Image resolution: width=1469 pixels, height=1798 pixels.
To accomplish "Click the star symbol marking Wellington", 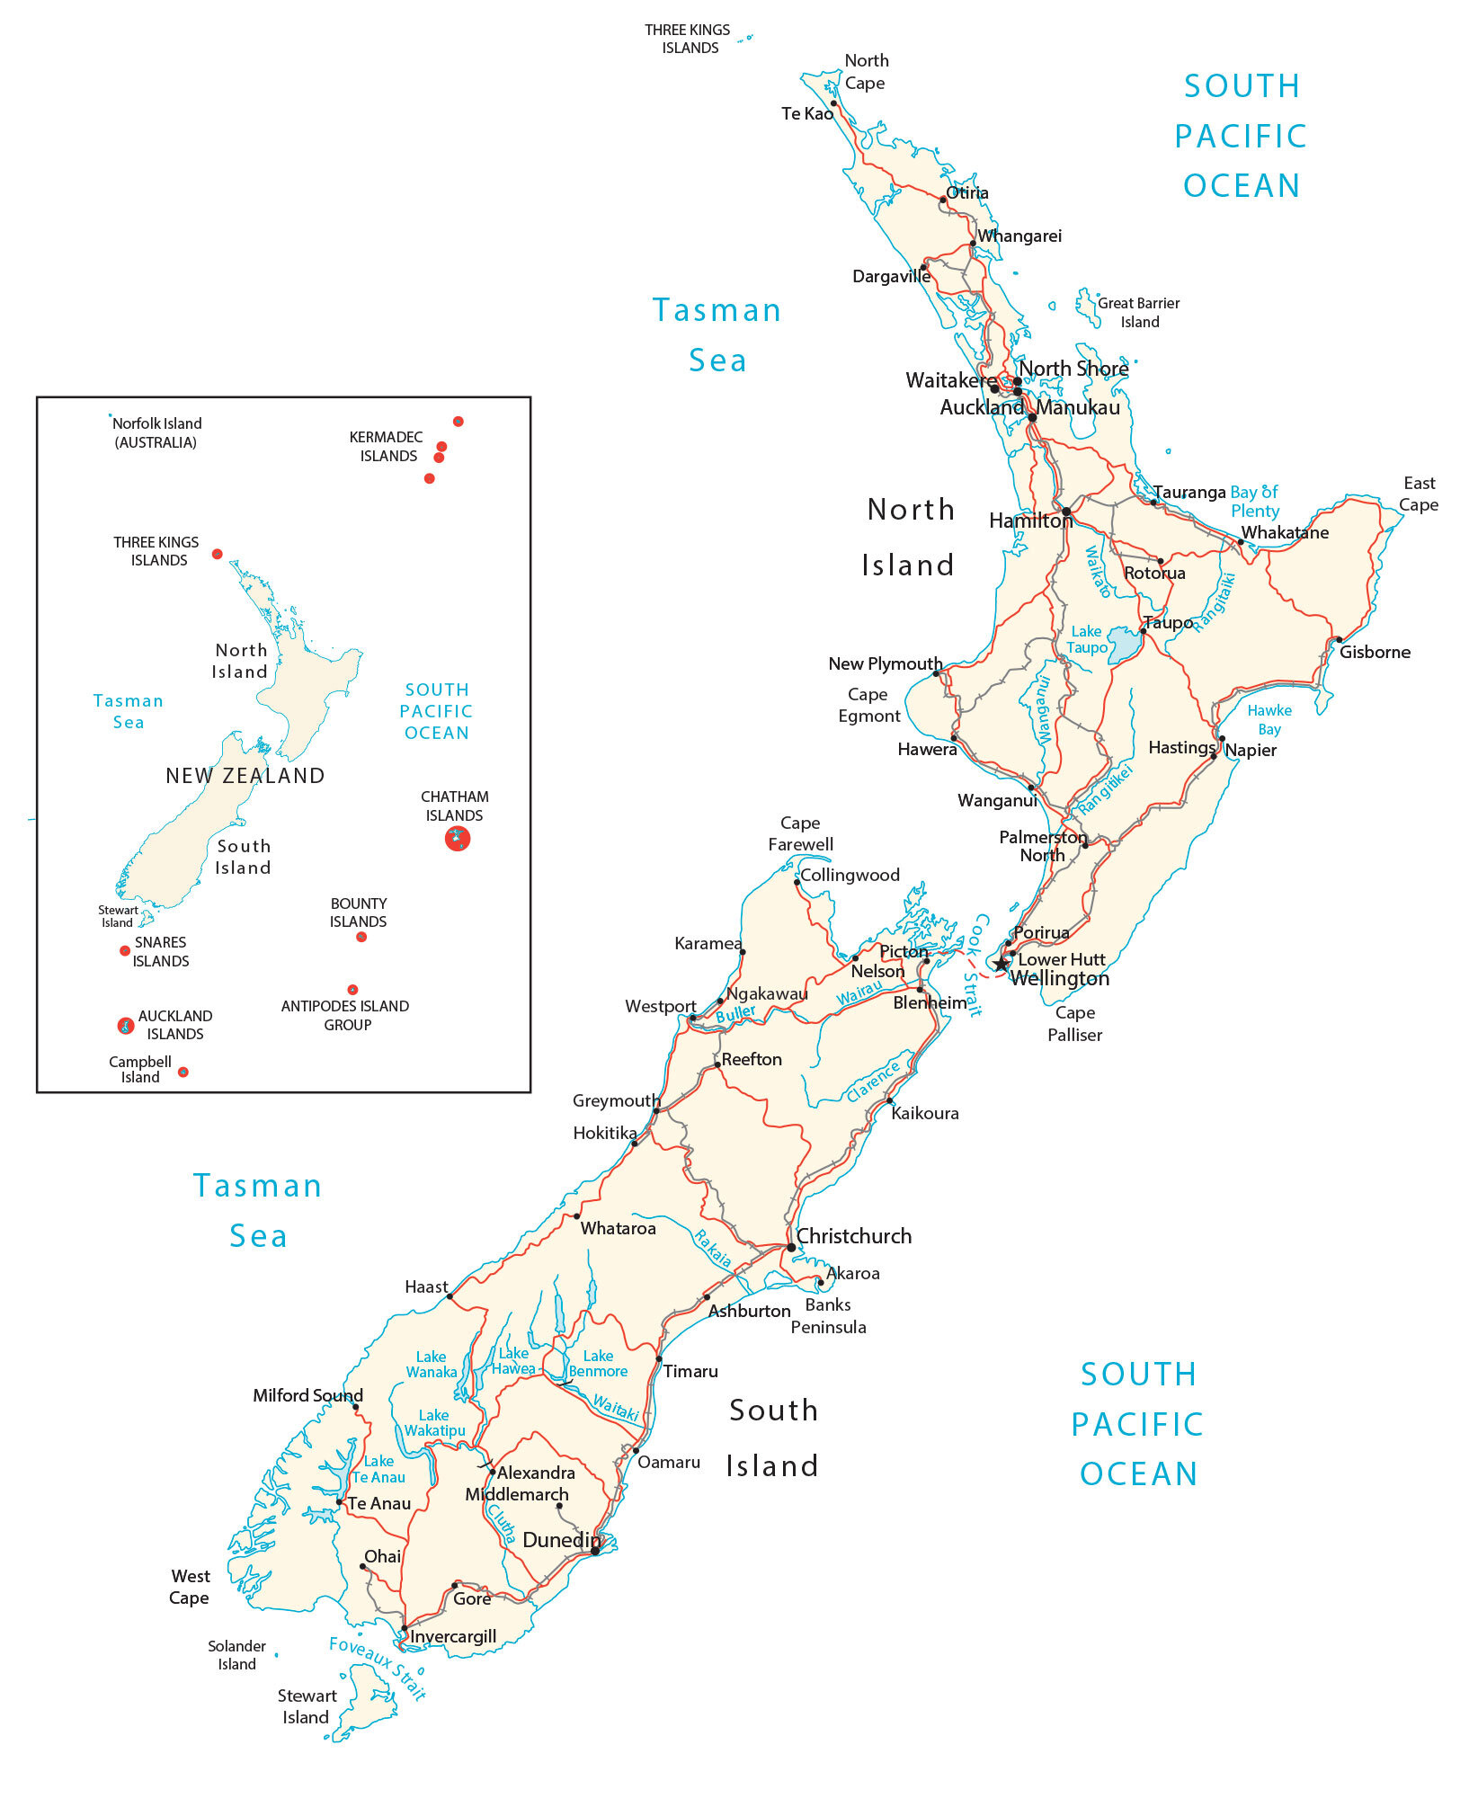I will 1002,965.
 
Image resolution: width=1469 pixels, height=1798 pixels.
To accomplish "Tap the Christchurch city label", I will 853,1236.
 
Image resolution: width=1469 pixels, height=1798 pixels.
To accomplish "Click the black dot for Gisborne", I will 1339,640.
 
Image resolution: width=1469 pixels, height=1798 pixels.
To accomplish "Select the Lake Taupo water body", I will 1124,645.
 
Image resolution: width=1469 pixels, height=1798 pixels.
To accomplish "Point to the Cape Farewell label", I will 800,833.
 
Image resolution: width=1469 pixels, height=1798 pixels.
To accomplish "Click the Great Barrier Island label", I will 1138,313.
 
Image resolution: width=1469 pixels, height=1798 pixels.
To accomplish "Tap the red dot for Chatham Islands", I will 458,839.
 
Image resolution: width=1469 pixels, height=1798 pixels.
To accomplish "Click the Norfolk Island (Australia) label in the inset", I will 156,432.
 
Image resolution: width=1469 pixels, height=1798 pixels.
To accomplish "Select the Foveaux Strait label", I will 378,1668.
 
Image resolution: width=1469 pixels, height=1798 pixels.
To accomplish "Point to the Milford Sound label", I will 307,1395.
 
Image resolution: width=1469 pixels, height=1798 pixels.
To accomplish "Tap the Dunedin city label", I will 560,1540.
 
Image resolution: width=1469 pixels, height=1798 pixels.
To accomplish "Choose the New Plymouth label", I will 885,663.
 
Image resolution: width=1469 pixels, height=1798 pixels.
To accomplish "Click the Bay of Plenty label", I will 1254,502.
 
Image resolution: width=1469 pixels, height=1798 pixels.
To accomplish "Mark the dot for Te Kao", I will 833,103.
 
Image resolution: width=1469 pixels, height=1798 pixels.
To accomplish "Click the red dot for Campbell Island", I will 183,1072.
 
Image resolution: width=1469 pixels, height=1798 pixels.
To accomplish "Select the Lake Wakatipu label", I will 434,1422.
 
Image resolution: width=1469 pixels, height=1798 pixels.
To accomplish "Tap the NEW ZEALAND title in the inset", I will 245,776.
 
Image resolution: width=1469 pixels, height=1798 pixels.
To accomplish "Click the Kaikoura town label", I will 924,1113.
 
